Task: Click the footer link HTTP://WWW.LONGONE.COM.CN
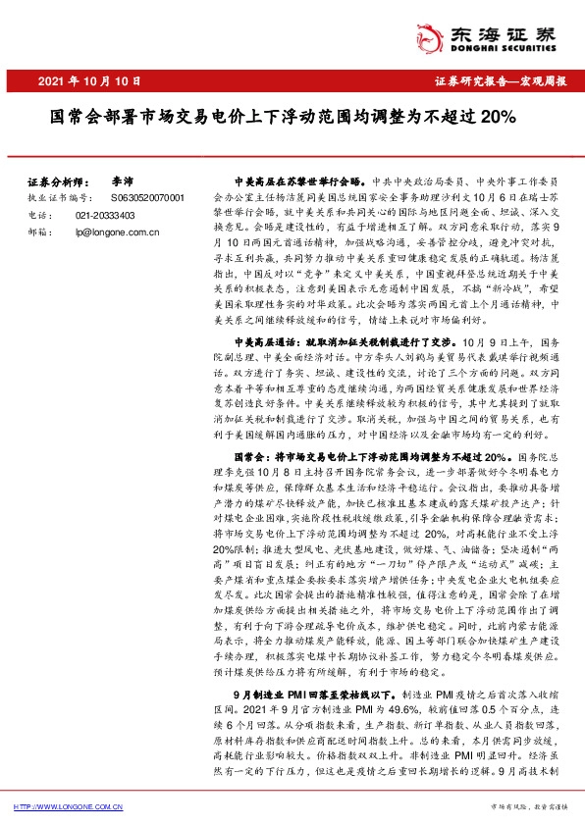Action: (x=68, y=806)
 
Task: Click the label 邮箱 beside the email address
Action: (x=35, y=232)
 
